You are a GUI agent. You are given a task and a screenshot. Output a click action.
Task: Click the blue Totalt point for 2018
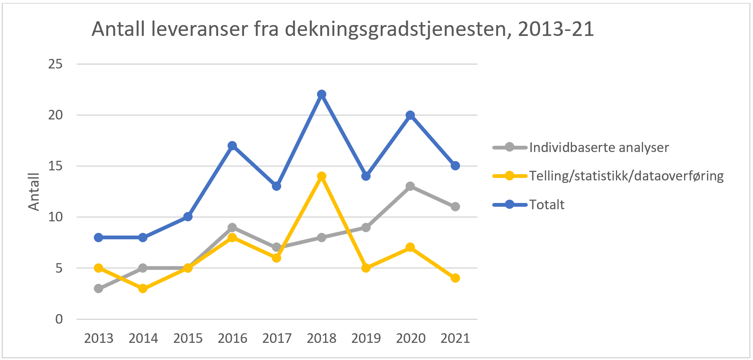pyautogui.click(x=321, y=94)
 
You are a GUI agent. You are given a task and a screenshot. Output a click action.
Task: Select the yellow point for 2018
pyautogui.click(x=321, y=176)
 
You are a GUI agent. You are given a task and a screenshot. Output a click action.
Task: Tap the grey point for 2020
pyautogui.click(x=410, y=186)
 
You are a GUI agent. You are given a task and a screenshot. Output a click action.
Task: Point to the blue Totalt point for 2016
pyautogui.click(x=232, y=146)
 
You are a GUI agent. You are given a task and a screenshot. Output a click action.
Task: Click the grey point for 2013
pyautogui.click(x=99, y=289)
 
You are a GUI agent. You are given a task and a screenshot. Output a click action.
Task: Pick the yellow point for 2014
pyautogui.click(x=143, y=289)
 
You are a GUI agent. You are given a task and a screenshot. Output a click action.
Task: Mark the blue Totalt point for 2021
pyautogui.click(x=455, y=166)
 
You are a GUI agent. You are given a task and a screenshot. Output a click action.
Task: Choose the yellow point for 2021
pyautogui.click(x=455, y=278)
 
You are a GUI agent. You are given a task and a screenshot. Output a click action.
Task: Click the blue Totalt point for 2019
pyautogui.click(x=366, y=176)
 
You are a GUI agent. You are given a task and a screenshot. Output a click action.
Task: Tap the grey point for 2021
pyautogui.click(x=455, y=207)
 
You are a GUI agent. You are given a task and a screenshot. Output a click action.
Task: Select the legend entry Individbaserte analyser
pyautogui.click(x=599, y=147)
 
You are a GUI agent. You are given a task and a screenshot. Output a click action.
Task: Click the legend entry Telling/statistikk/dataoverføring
pyautogui.click(x=626, y=176)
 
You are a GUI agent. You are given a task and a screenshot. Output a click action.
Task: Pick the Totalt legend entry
pyautogui.click(x=547, y=205)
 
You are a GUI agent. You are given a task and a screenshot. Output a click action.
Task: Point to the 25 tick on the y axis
pyautogui.click(x=56, y=64)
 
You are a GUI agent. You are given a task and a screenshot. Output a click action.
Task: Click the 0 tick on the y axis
pyautogui.click(x=59, y=319)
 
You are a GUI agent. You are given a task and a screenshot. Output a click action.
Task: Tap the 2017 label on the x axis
pyautogui.click(x=277, y=338)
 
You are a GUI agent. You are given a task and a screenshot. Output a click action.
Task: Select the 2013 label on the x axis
pyautogui.click(x=99, y=338)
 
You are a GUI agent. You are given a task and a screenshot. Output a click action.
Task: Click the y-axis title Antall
pyautogui.click(x=34, y=192)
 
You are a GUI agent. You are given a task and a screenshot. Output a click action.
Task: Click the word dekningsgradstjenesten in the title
pyautogui.click(x=396, y=30)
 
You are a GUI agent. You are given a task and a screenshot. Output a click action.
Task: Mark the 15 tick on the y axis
pyautogui.click(x=56, y=166)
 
